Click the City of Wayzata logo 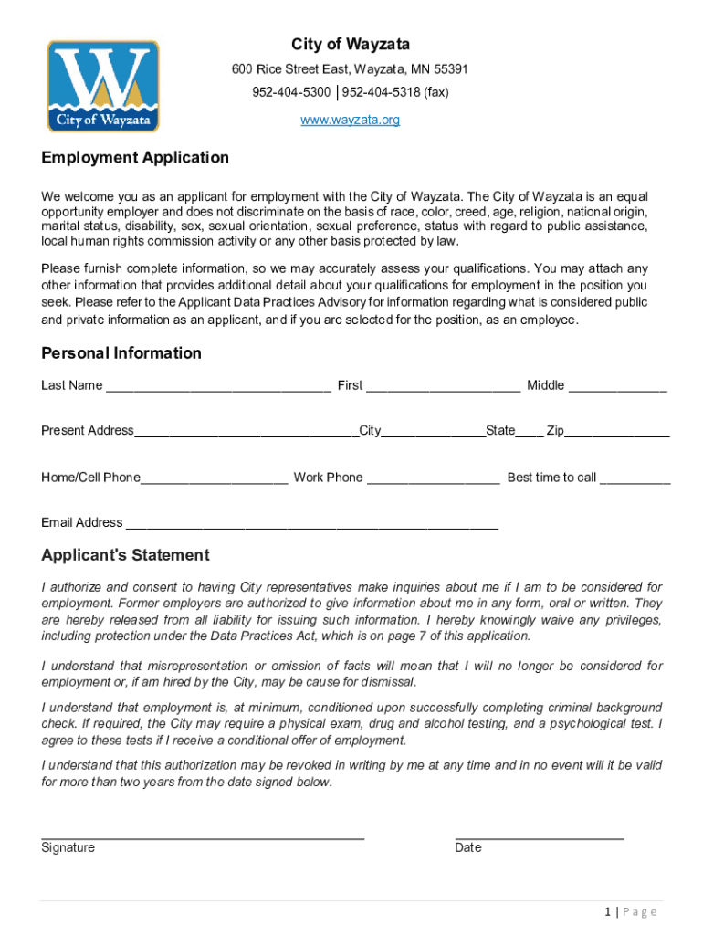coord(103,87)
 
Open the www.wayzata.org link coord(351,120)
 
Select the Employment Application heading coord(135,158)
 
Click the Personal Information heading coord(121,353)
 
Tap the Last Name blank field coord(218,387)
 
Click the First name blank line coord(443,387)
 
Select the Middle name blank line coord(618,387)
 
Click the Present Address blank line coord(247,433)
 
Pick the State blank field coord(530,433)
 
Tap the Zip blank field coord(617,433)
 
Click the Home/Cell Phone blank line coord(215,479)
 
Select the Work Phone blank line coord(433,479)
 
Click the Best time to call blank coord(635,479)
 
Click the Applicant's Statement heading coord(125,555)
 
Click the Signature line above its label coord(203,835)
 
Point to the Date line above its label coord(539,835)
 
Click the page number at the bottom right coord(629,911)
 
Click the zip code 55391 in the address coord(451,69)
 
